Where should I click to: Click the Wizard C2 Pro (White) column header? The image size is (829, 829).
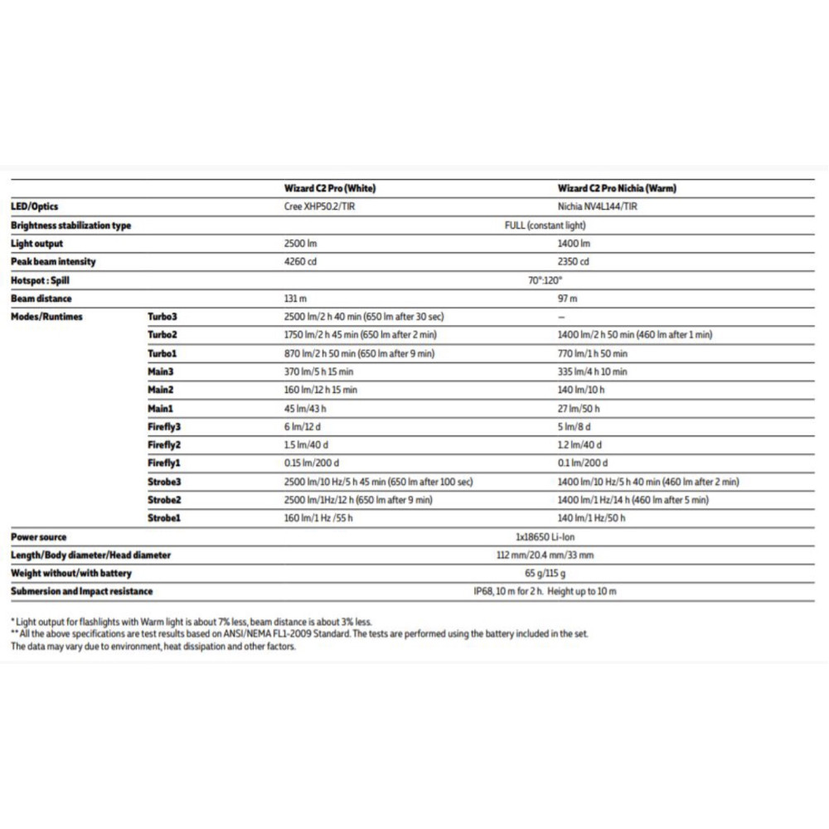point(329,188)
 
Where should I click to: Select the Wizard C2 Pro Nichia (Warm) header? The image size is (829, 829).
point(617,188)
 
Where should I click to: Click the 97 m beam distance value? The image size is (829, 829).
point(568,298)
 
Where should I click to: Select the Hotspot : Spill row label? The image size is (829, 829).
point(41,280)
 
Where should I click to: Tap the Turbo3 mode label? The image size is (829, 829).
point(163,317)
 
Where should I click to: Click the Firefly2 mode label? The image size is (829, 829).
point(165,445)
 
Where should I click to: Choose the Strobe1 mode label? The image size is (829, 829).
point(164,518)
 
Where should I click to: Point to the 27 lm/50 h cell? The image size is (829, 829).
point(579,409)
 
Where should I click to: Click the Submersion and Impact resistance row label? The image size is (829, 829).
point(81,592)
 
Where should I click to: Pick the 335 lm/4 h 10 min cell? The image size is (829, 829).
point(593,372)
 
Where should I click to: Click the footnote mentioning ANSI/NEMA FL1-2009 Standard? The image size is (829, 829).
point(299,634)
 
